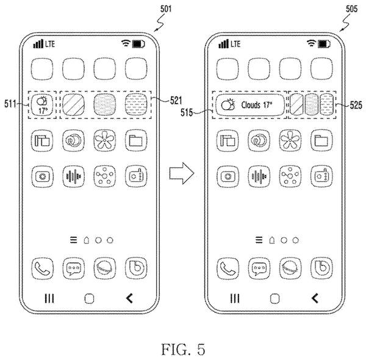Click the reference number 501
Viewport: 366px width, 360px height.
tap(166, 9)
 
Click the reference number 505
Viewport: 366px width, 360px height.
tap(351, 9)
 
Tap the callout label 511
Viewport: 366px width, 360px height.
tap(10, 104)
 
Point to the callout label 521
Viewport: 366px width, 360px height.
tap(176, 101)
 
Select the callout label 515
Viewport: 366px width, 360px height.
tap(187, 112)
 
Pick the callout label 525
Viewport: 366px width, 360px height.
tap(356, 106)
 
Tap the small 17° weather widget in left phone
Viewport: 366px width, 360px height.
tap(42, 105)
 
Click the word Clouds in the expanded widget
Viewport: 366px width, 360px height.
tap(251, 105)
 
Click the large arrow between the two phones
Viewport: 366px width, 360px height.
tap(182, 173)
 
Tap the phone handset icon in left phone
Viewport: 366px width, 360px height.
tap(42, 268)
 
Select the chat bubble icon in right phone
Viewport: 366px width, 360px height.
tap(259, 268)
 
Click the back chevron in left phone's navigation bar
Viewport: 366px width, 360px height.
tap(129, 298)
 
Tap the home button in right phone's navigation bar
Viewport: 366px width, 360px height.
tap(274, 298)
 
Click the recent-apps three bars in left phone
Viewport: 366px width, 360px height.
tap(49, 298)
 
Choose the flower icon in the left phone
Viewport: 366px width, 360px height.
tap(104, 140)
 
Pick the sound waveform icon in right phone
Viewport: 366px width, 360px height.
tap(259, 176)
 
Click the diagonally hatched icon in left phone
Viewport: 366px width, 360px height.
tap(73, 105)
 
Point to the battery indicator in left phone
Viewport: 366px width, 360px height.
tap(138, 44)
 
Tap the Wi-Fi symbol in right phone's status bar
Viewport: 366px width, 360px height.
tap(311, 43)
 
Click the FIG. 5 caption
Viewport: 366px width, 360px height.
tap(183, 350)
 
